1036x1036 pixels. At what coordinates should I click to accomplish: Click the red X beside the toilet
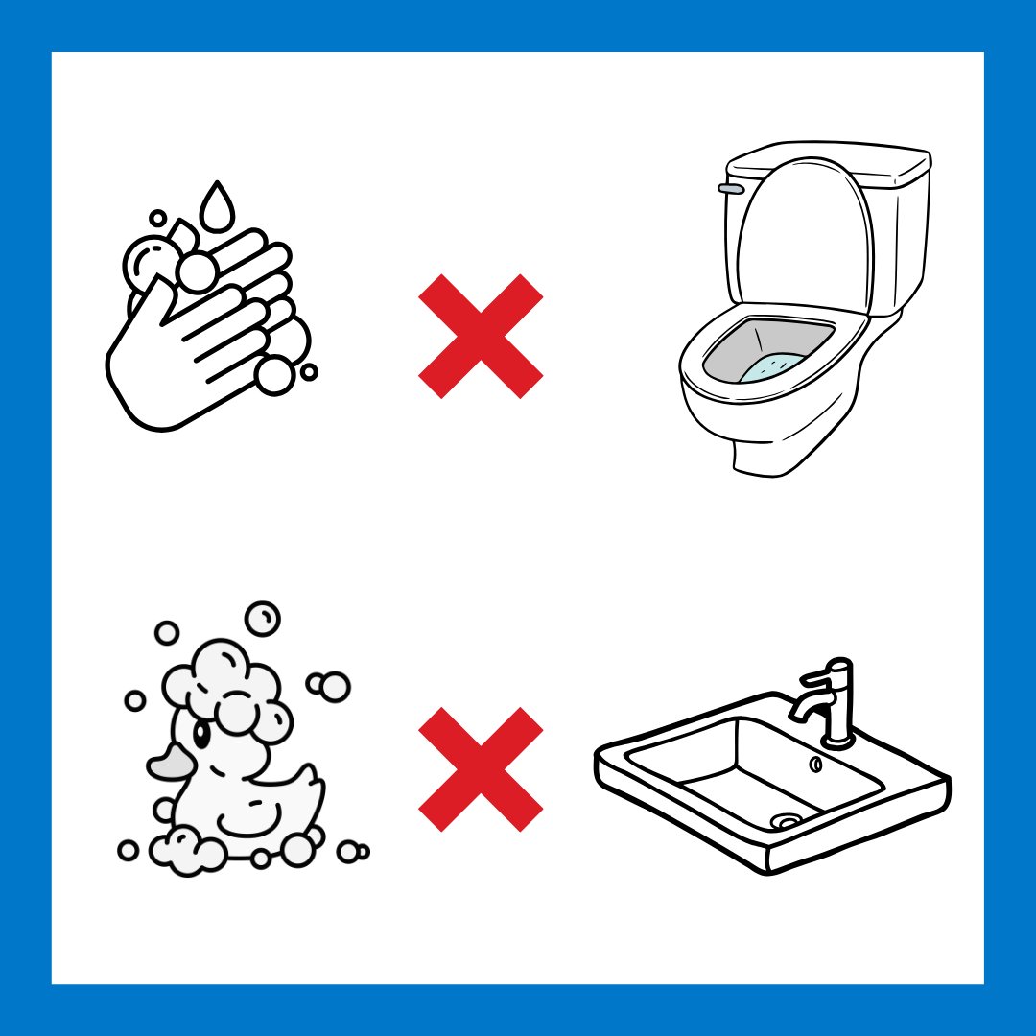tap(481, 336)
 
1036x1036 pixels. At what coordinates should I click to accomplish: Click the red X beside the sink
tap(481, 769)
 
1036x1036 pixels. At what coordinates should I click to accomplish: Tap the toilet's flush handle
tap(734, 188)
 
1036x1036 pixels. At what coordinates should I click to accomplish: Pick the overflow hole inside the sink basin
tap(815, 765)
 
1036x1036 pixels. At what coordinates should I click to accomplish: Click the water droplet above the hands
tap(218, 205)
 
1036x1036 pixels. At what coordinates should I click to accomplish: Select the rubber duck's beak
tap(168, 763)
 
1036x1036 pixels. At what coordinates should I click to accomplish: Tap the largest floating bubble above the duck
tap(262, 619)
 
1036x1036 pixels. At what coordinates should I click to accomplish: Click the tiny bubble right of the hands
tap(309, 371)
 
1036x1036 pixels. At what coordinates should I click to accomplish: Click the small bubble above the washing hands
tap(158, 219)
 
